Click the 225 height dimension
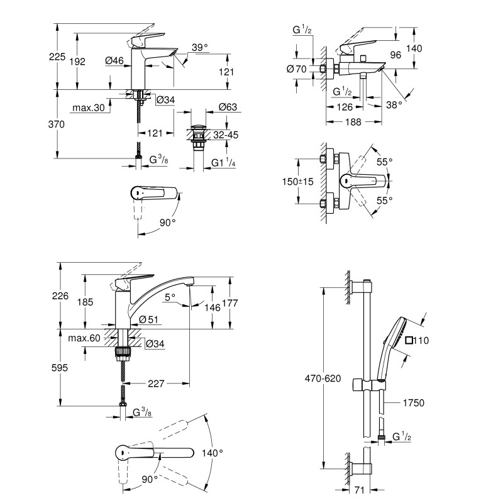57,57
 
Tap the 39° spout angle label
199,48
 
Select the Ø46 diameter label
114,60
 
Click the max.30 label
87,109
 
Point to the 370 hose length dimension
57,124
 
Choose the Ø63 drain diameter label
228,108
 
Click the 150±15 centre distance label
298,182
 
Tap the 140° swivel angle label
213,453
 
